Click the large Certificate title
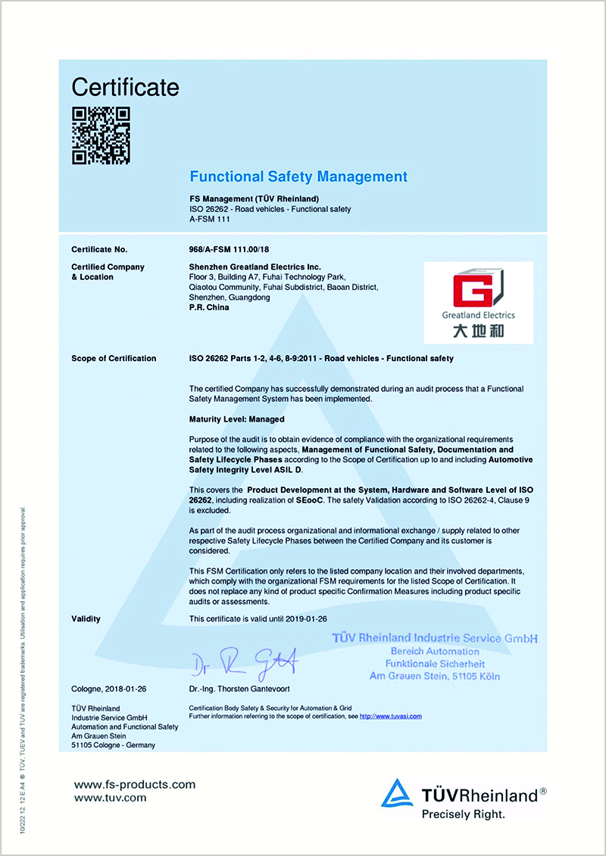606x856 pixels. tap(125, 87)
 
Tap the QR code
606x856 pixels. tap(101, 135)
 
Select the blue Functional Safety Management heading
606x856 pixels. tap(298, 177)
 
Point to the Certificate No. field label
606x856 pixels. tap(99, 249)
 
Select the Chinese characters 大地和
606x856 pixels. tap(478, 331)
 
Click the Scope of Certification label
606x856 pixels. tap(114, 359)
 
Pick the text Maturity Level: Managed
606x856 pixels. tap(236, 419)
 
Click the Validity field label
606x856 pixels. tap(86, 619)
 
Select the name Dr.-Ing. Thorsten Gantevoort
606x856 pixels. tap(240, 689)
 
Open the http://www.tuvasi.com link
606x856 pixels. tap(390, 716)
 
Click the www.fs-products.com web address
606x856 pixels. tap(134, 784)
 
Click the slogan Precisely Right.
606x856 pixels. tap(463, 814)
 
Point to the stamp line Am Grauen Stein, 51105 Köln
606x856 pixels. tap(434, 676)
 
